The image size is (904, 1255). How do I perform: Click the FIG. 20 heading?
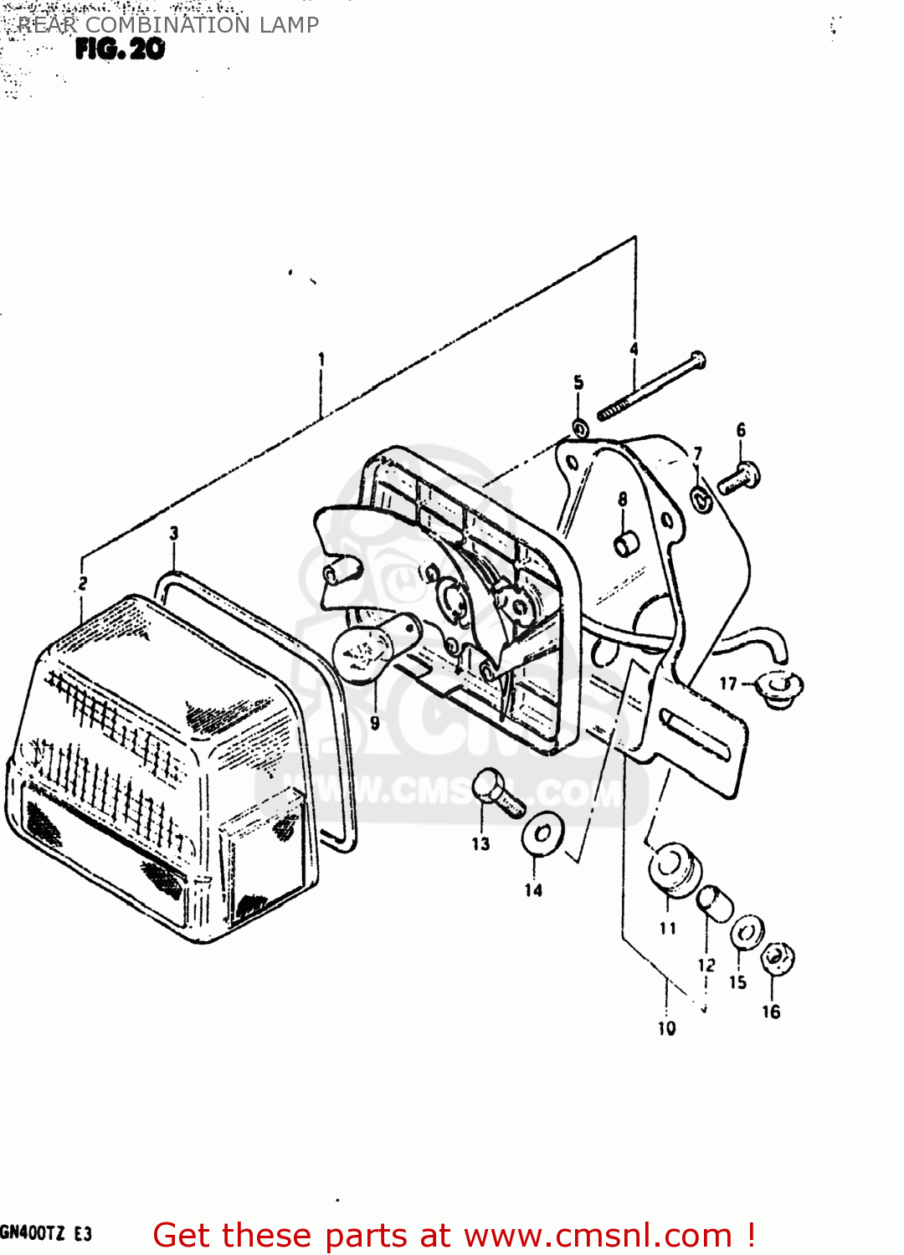click(120, 49)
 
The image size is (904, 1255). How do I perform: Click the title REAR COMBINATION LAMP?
click(167, 25)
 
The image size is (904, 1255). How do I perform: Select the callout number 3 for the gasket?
click(174, 533)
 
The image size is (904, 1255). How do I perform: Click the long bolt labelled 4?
click(652, 387)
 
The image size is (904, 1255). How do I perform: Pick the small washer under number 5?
click(579, 429)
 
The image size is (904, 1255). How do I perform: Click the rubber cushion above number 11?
click(674, 869)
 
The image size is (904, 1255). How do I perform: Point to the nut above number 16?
click(778, 958)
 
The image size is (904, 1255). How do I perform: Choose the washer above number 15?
click(746, 931)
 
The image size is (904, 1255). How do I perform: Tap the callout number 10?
click(666, 1028)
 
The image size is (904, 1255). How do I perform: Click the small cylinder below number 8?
click(626, 544)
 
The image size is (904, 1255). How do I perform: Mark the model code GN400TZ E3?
click(46, 1233)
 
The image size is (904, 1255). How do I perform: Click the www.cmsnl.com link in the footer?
click(598, 1235)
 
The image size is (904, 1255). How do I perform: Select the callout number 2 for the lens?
click(82, 583)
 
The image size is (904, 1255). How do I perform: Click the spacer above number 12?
click(715, 904)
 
